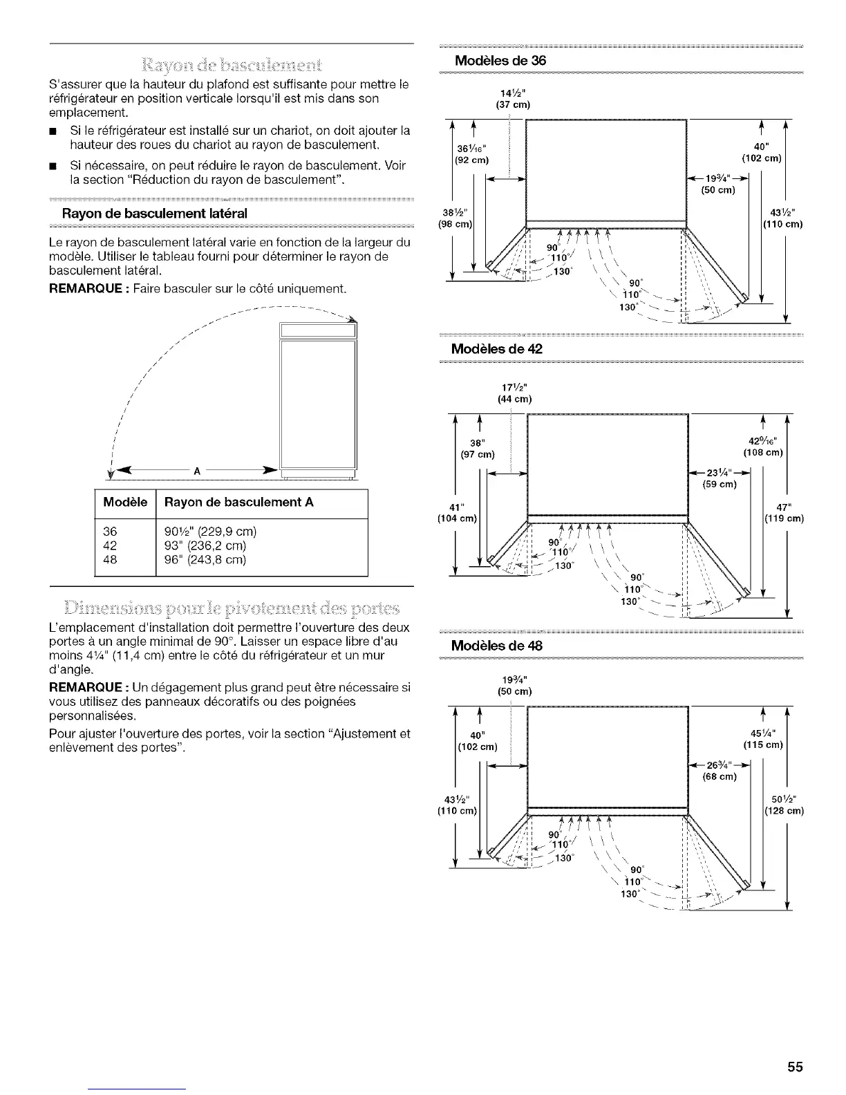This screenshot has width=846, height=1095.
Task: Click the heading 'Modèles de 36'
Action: coord(498,60)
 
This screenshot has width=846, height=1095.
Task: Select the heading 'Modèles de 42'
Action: coord(496,349)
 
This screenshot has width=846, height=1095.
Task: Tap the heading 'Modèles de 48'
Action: coord(496,646)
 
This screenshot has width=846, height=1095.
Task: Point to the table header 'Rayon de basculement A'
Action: coord(238,503)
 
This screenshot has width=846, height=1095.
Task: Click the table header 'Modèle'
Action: coord(125,503)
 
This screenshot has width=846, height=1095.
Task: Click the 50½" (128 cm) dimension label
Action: coord(784,805)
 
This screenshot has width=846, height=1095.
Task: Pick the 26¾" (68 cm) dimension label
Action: coord(719,770)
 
